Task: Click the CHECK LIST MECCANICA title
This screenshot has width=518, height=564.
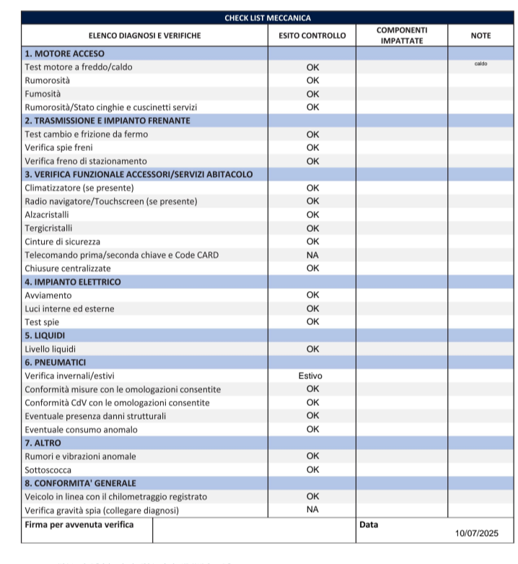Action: pyautogui.click(x=268, y=18)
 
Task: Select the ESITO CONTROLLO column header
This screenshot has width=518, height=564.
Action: pyautogui.click(x=312, y=35)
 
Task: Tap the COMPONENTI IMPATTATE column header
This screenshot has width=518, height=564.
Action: pyautogui.click(x=402, y=35)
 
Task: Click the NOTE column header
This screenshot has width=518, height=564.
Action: pyautogui.click(x=480, y=35)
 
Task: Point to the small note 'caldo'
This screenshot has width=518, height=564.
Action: pyautogui.click(x=480, y=64)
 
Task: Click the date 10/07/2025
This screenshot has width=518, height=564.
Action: pyautogui.click(x=477, y=534)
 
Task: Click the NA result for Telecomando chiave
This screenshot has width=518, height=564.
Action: pyautogui.click(x=312, y=255)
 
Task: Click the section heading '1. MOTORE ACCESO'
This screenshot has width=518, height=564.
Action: pyautogui.click(x=64, y=53)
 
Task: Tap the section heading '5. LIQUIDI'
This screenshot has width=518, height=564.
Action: pyautogui.click(x=45, y=336)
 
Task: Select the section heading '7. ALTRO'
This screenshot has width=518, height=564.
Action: pyautogui.click(x=43, y=443)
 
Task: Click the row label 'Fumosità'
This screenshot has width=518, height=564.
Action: pyautogui.click(x=43, y=94)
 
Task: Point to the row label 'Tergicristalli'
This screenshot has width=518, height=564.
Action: pyautogui.click(x=48, y=228)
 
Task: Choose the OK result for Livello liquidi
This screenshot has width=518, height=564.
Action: pyautogui.click(x=312, y=350)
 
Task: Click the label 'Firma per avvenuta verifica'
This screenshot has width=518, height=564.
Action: pyautogui.click(x=79, y=524)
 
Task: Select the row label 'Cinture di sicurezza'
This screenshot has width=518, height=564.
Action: pyautogui.click(x=63, y=241)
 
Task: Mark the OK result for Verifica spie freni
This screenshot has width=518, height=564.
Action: pyautogui.click(x=312, y=148)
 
